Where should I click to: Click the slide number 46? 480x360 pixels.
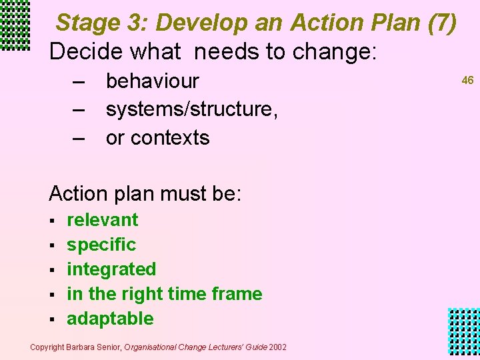(467, 81)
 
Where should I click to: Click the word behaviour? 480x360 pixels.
(152, 81)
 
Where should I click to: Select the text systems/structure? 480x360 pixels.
(191, 109)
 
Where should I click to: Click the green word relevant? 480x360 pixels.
(102, 220)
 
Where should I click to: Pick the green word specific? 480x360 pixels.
(101, 245)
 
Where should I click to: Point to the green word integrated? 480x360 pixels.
(111, 269)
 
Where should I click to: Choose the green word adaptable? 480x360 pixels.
(110, 319)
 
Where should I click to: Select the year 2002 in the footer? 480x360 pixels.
(278, 347)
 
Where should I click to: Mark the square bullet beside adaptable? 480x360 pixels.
(51, 319)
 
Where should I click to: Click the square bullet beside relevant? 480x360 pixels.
(51, 221)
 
